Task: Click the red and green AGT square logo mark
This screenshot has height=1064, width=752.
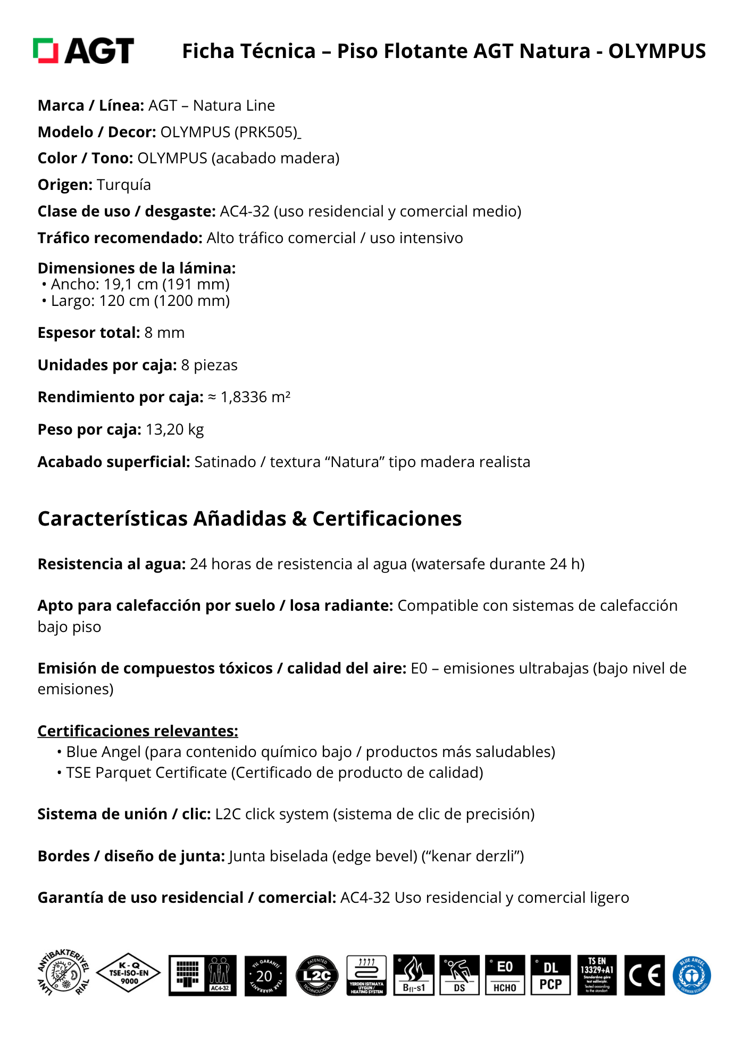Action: [45, 51]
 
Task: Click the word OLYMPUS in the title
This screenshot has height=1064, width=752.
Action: [657, 51]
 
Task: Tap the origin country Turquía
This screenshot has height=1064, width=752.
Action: [124, 185]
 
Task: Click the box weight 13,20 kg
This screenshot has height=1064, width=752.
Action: [174, 429]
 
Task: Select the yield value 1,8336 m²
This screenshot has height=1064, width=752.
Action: [255, 397]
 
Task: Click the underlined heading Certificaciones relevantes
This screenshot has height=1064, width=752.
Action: [138, 731]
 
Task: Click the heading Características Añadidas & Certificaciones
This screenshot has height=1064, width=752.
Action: [249, 519]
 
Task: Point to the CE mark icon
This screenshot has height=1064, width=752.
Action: [644, 975]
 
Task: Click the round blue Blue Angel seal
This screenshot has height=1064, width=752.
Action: [691, 975]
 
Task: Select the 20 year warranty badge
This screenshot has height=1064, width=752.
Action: [265, 976]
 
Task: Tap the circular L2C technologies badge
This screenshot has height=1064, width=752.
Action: [317, 976]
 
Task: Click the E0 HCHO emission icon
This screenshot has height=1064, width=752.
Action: [505, 975]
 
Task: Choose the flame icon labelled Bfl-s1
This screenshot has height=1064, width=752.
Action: [414, 975]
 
